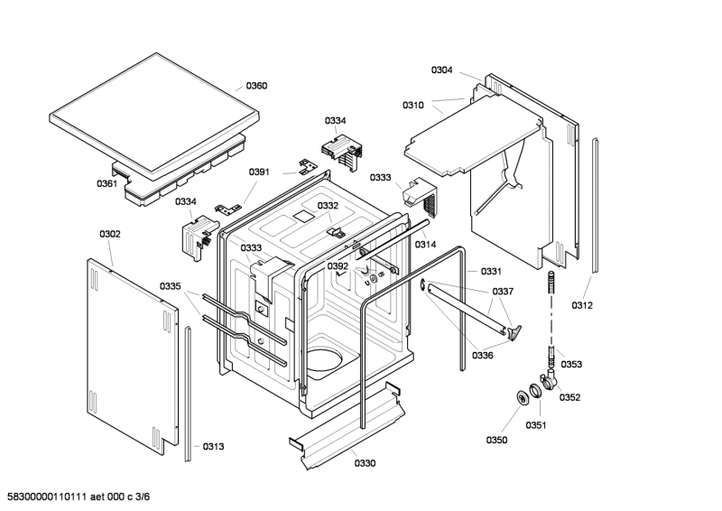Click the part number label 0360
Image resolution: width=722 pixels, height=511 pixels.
click(x=256, y=86)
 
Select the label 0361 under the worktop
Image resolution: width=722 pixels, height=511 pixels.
click(x=106, y=184)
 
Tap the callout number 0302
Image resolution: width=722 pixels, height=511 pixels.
click(x=110, y=234)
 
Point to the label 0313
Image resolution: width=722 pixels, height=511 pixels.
click(x=214, y=447)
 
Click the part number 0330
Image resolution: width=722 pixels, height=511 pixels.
click(x=365, y=463)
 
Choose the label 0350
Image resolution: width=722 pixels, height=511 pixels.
click(x=497, y=440)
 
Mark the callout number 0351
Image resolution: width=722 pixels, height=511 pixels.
click(x=536, y=425)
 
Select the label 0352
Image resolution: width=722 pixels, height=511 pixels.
click(x=570, y=397)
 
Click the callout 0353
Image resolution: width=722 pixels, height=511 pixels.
click(x=571, y=365)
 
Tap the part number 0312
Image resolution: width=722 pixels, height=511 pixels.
click(x=582, y=305)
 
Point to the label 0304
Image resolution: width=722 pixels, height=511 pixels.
click(x=441, y=70)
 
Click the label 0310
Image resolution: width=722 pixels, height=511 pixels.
click(x=413, y=106)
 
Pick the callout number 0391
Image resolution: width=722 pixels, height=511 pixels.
click(x=259, y=172)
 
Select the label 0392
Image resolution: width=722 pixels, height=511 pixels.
click(x=338, y=266)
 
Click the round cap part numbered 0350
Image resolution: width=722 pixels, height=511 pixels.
click(x=523, y=397)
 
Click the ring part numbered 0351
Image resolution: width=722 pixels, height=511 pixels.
click(x=535, y=391)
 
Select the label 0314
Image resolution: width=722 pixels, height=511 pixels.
click(x=425, y=245)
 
